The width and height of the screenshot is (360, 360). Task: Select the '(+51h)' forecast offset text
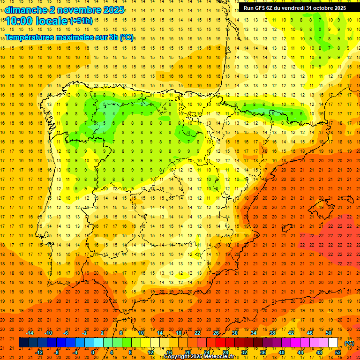[x=81, y=21]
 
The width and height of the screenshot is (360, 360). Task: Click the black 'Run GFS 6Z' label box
[x=294, y=8]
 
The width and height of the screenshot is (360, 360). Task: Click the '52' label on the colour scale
[x=338, y=352]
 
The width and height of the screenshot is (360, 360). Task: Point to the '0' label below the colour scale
[x=93, y=352]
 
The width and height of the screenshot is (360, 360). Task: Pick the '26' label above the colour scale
[x=216, y=333]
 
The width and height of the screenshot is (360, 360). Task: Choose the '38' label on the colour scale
[x=272, y=333]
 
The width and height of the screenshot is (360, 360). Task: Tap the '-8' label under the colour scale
[x=57, y=352]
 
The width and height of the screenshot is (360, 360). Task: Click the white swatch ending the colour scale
[x=333, y=343]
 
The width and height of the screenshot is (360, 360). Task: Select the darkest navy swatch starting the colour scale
[x=24, y=343]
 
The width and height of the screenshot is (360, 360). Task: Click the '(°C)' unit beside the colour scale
[x=349, y=343]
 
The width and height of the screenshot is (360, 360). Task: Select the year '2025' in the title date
[x=112, y=9]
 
